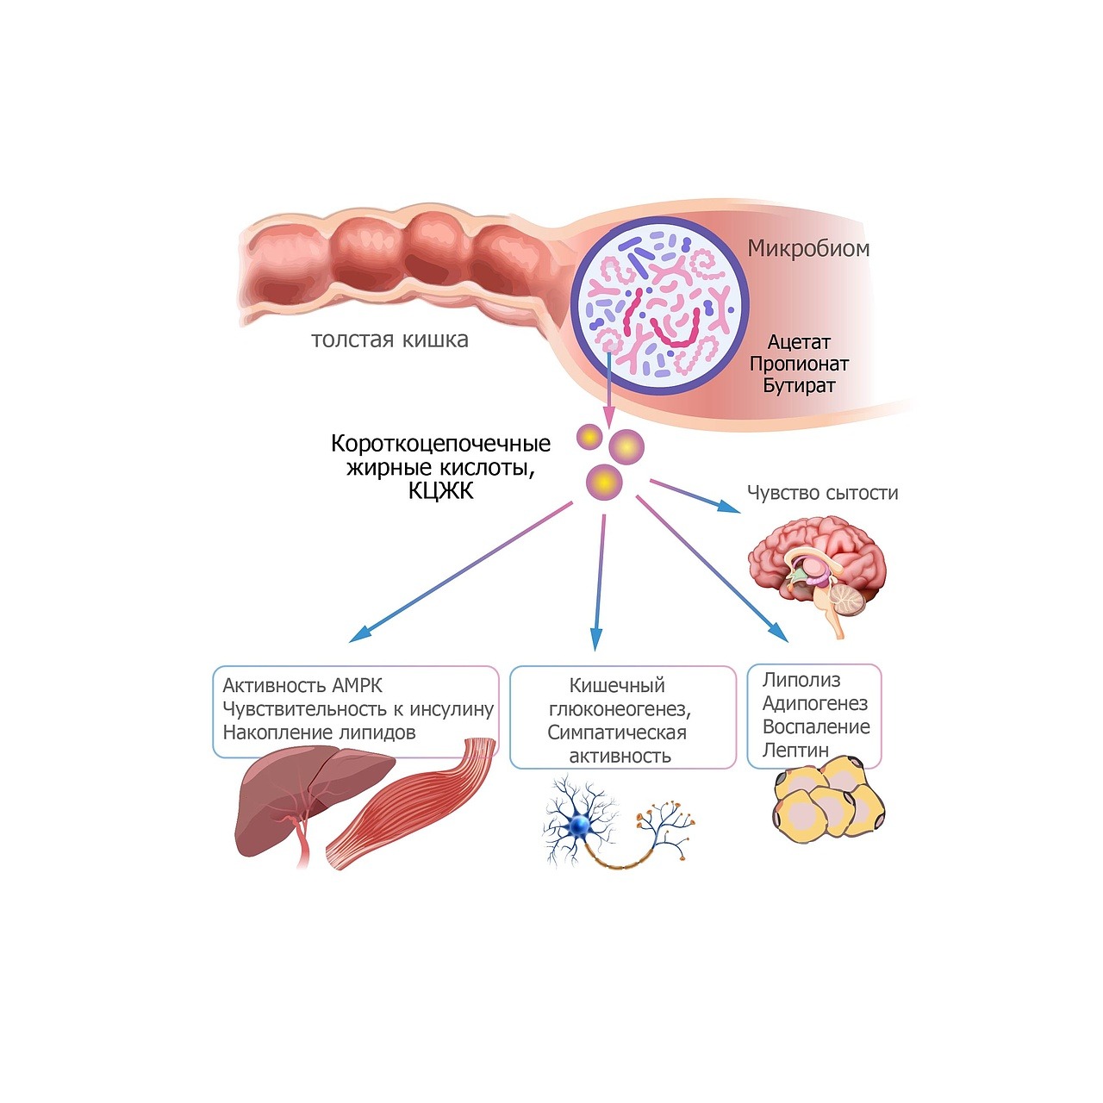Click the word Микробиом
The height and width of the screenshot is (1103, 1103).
[808, 249]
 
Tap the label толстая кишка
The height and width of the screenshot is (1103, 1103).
[389, 340]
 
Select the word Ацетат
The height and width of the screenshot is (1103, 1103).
[799, 342]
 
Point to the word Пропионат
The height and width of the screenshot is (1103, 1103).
[799, 364]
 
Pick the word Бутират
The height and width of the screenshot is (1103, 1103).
[799, 385]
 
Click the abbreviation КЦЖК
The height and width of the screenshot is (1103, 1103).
[440, 491]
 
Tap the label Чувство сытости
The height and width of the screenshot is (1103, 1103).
[822, 493]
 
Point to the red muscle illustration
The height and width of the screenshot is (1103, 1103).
[414, 806]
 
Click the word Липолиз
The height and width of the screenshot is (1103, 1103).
[801, 680]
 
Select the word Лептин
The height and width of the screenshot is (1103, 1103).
[795, 751]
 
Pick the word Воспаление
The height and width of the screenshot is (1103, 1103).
[816, 727]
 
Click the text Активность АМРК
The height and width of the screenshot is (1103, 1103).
[302, 686]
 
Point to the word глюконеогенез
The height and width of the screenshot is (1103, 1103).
[620, 709]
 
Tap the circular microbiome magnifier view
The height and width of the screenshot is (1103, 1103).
[660, 306]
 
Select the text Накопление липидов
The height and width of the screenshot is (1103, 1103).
[319, 732]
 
